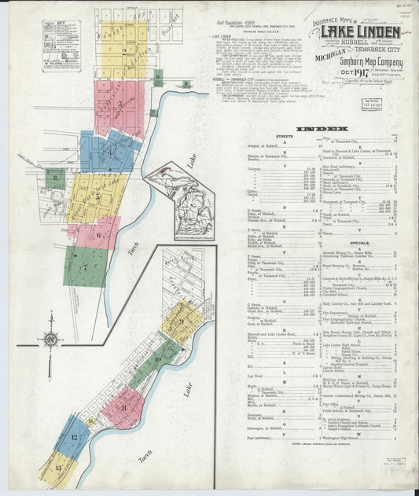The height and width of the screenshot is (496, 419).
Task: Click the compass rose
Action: click(50, 340)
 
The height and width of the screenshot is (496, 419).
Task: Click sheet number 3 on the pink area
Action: click(119, 104)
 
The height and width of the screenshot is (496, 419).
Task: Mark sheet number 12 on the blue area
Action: click(75, 438)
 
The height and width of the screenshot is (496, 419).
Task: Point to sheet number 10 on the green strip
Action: click(157, 358)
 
